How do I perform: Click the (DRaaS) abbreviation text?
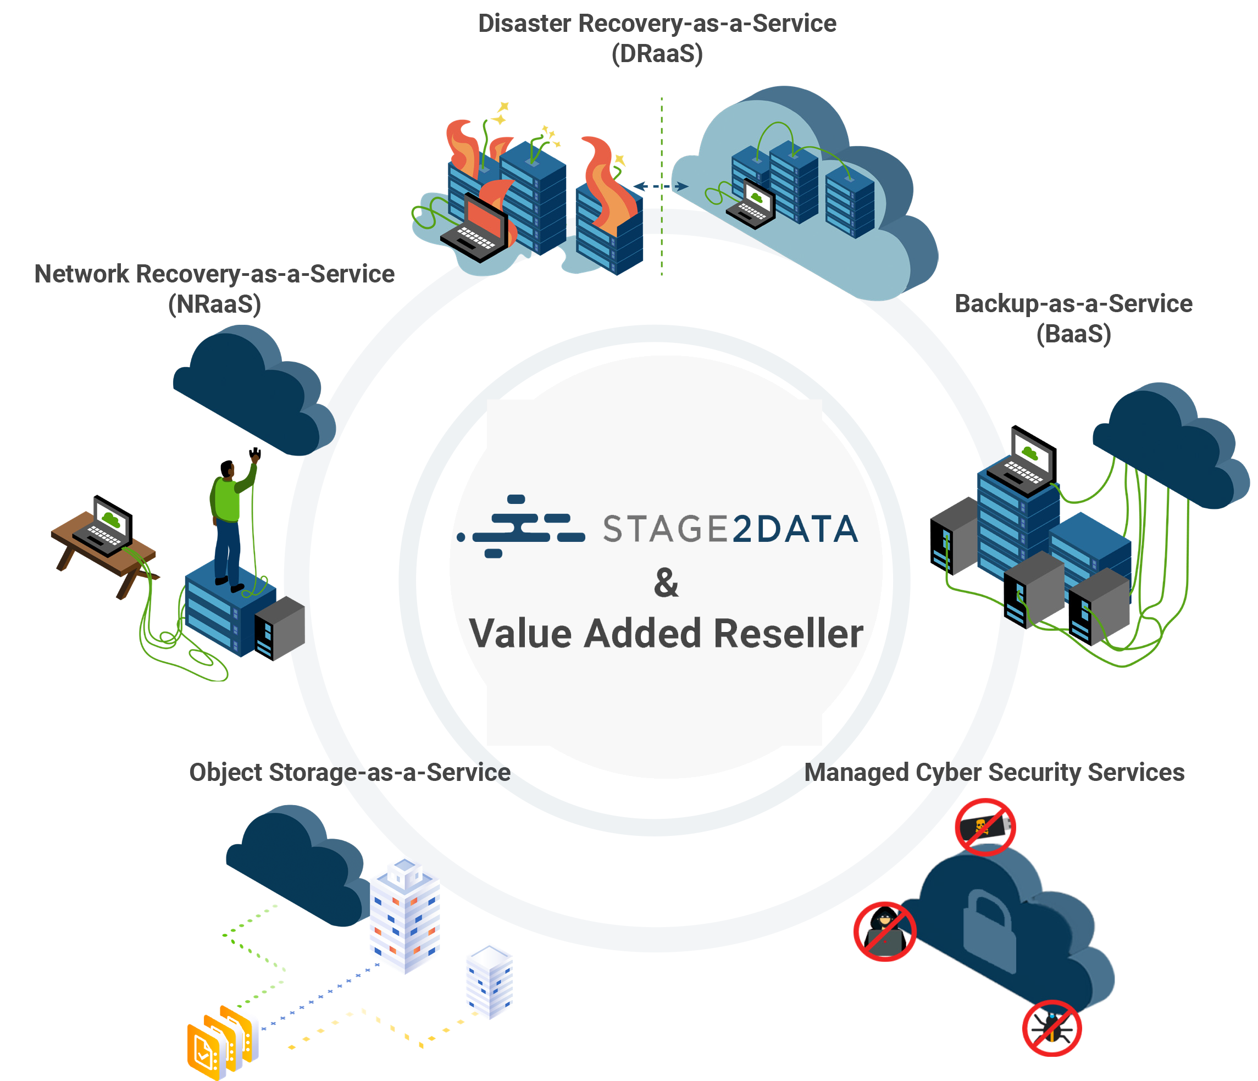pyautogui.click(x=657, y=54)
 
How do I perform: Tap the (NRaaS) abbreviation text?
pyautogui.click(x=214, y=304)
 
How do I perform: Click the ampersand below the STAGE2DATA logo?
pyautogui.click(x=666, y=583)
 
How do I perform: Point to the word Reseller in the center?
pyautogui.click(x=788, y=634)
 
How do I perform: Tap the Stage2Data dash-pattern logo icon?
pyautogui.click(x=522, y=526)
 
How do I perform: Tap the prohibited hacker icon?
pyautogui.click(x=884, y=932)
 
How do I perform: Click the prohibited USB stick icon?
pyautogui.click(x=985, y=827)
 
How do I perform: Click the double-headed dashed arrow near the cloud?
pyautogui.click(x=661, y=186)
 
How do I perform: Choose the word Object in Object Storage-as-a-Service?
pyautogui.click(x=226, y=773)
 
